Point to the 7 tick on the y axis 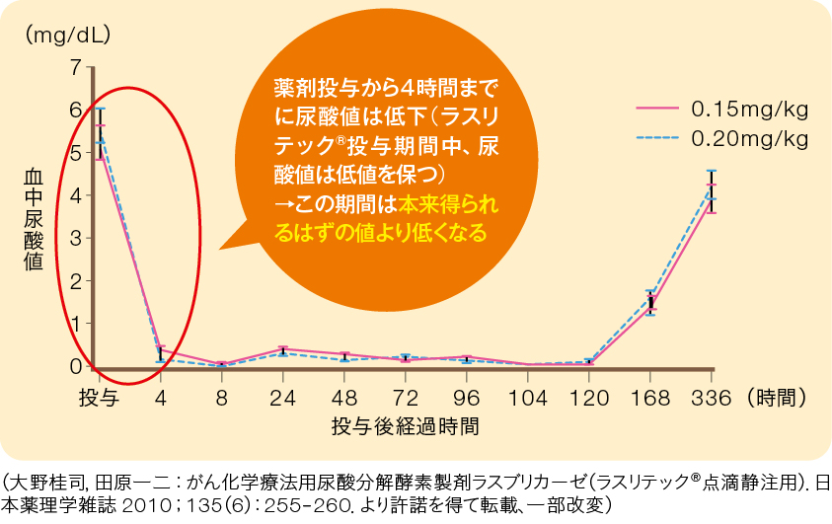76,67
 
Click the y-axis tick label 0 76,365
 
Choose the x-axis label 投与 99,398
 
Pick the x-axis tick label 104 527,398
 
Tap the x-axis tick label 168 649,398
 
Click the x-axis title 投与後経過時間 405,426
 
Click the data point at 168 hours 649,302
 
